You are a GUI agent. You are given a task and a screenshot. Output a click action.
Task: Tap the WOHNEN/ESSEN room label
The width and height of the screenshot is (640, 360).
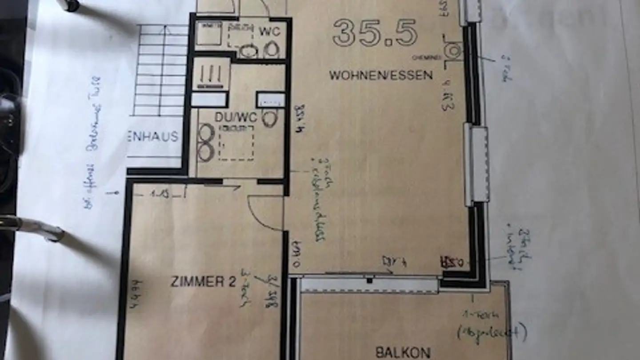click(x=381, y=75)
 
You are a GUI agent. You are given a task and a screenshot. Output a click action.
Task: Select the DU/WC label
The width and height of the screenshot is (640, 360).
click(x=236, y=117)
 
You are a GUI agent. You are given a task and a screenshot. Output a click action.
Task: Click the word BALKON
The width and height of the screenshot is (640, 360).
click(x=403, y=353)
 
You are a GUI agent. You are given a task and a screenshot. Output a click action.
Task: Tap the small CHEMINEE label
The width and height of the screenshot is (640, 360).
click(x=427, y=57)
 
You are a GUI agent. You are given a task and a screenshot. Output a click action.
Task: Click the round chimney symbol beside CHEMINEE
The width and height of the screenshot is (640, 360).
click(x=452, y=51)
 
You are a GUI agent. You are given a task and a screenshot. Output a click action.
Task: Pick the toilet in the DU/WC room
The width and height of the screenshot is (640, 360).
click(x=269, y=118)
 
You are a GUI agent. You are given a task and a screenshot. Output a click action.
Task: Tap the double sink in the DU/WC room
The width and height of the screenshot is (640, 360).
click(x=205, y=142)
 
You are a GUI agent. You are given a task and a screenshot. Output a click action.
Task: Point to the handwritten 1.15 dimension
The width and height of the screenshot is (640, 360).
click(x=160, y=194)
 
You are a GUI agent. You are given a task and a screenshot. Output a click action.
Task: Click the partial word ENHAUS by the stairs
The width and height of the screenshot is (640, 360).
click(x=153, y=136)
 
